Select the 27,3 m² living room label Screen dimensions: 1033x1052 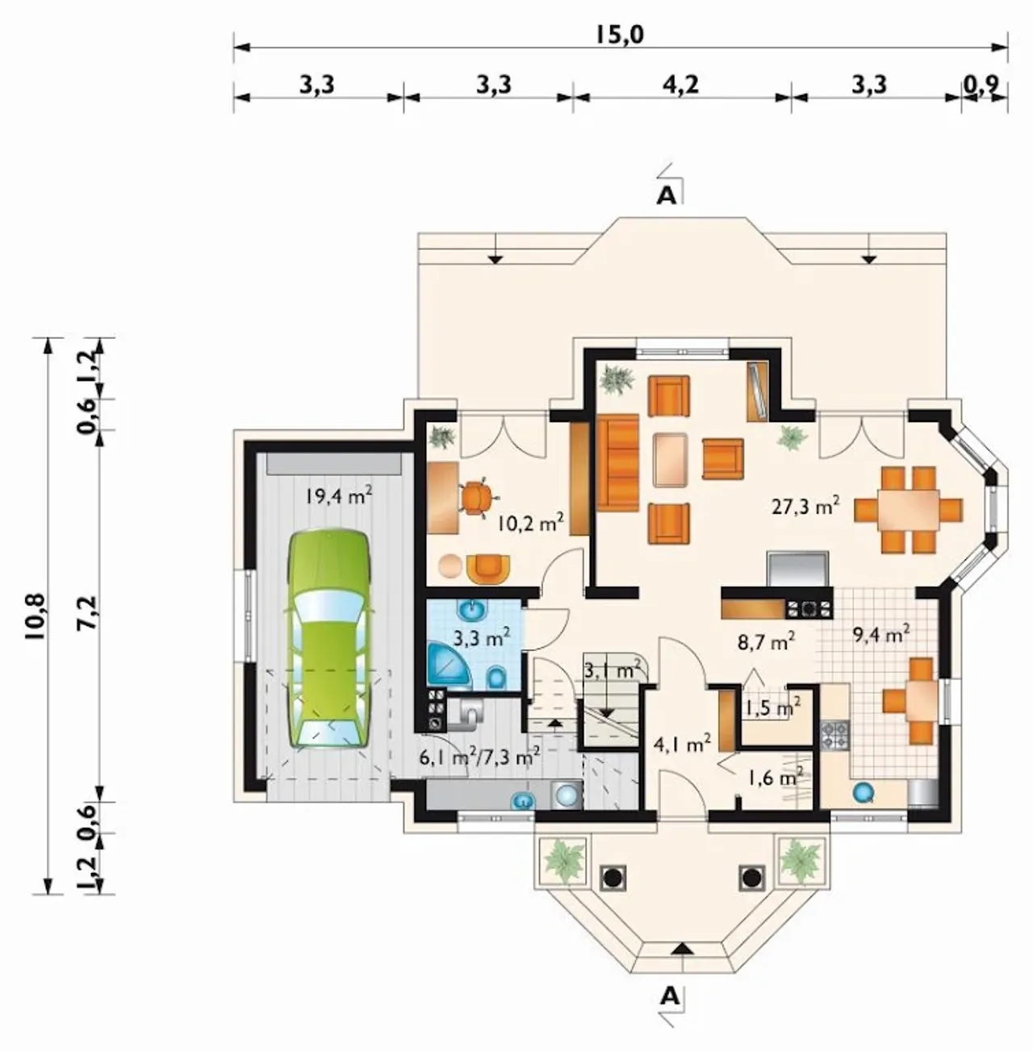point(805,506)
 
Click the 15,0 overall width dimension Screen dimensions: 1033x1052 point(620,35)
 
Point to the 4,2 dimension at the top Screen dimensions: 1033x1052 point(681,86)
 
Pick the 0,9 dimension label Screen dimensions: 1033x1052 point(981,85)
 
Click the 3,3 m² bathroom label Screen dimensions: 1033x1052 point(482,637)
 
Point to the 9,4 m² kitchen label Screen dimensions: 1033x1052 point(881,634)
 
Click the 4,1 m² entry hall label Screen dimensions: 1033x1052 point(682,743)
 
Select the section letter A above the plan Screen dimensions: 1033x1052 point(666,196)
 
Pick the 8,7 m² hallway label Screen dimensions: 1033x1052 point(766,641)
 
